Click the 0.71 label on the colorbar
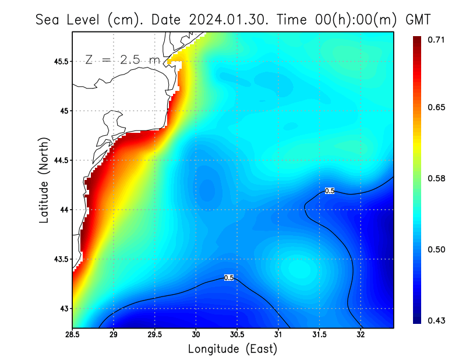click(x=436, y=40)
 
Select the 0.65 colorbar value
click(x=436, y=107)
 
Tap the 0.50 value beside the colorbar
click(x=436, y=249)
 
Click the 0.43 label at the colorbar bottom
click(x=436, y=320)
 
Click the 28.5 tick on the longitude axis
click(x=73, y=335)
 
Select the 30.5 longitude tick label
click(x=237, y=335)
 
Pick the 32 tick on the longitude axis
click(x=361, y=335)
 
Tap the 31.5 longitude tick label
click(x=319, y=335)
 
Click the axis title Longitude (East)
click(x=232, y=349)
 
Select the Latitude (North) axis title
click(x=44, y=179)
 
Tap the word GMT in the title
click(x=418, y=19)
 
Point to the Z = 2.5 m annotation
click(x=122, y=59)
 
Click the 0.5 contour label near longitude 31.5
click(x=330, y=190)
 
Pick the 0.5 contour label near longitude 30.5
click(x=229, y=278)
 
